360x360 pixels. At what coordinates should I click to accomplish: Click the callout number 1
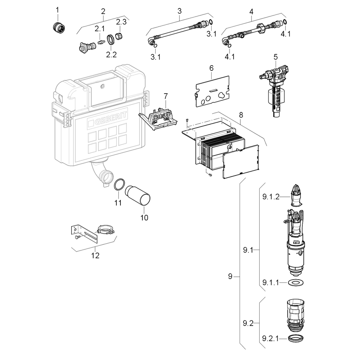pos(57,10)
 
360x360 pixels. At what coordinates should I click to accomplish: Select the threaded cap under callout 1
pos(59,27)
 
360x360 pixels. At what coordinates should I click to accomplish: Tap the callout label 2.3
pos(121,22)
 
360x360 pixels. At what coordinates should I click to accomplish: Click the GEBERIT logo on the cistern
pos(108,118)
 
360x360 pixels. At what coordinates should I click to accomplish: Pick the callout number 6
pos(211,68)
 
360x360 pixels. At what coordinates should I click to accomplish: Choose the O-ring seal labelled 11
pos(120,184)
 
